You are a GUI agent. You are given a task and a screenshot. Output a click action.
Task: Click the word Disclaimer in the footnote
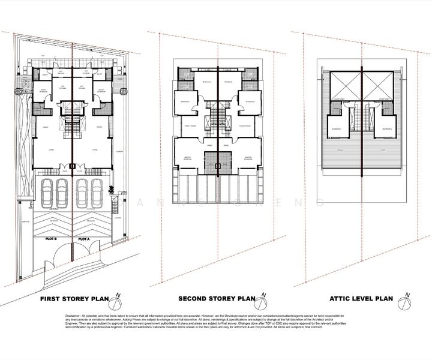[x=76, y=315]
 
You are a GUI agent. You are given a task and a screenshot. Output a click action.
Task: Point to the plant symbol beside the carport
[x=111, y=190]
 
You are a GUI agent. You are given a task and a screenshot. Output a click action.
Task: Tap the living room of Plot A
[x=93, y=149]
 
